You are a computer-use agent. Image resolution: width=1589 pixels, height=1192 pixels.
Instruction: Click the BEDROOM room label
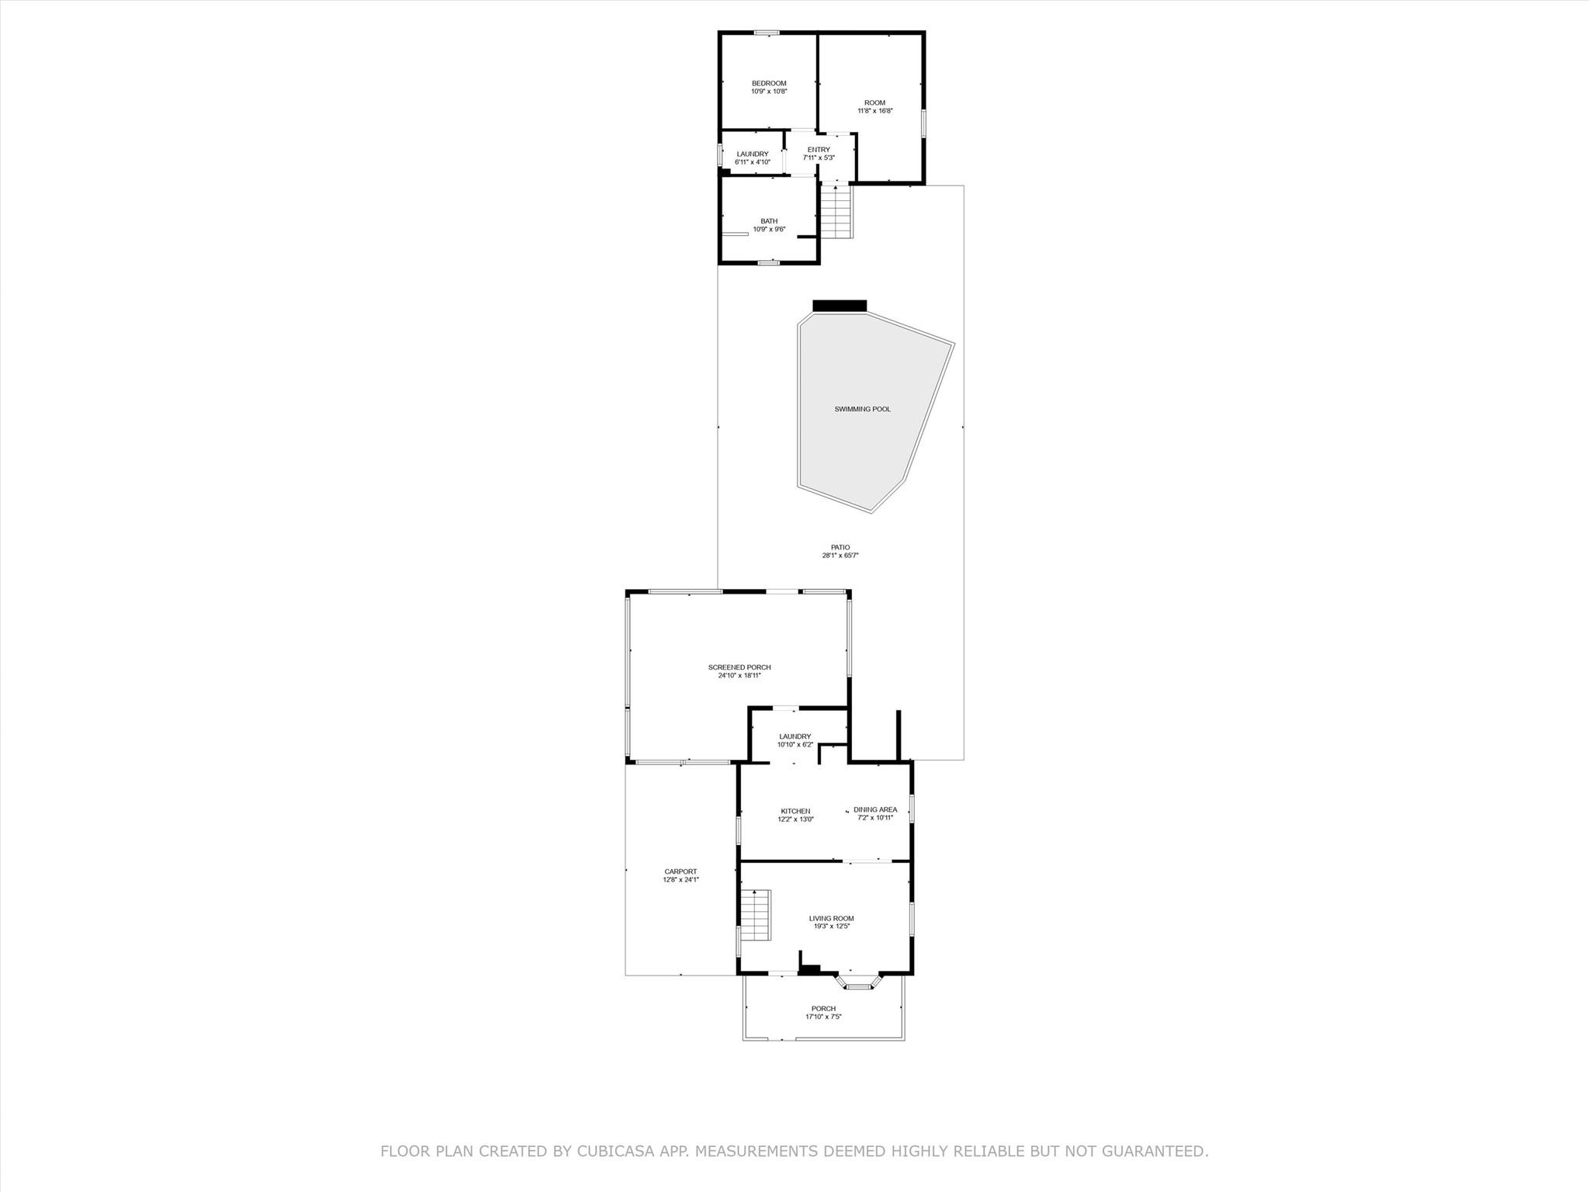(768, 84)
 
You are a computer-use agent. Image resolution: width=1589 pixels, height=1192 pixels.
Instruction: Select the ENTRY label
(819, 150)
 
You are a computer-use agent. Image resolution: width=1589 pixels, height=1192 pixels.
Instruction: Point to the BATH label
(768, 221)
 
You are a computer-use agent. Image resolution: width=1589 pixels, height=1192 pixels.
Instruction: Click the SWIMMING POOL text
(862, 409)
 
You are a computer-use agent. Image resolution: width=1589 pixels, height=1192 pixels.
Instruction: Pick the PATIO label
(840, 547)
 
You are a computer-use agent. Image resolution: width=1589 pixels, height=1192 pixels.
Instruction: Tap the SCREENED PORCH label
(739, 667)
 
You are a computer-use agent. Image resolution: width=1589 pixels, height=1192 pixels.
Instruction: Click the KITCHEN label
(795, 811)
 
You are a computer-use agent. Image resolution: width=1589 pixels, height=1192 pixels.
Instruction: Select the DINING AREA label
(875, 809)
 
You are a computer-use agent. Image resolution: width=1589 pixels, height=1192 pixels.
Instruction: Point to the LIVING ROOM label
(831, 919)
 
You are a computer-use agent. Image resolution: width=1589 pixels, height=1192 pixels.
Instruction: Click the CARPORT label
(680, 871)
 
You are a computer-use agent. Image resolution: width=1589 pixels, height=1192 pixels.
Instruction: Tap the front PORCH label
(823, 1009)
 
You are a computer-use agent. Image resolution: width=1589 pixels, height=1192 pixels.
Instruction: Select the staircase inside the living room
(755, 915)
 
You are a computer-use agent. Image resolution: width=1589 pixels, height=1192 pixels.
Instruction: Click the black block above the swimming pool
(840, 305)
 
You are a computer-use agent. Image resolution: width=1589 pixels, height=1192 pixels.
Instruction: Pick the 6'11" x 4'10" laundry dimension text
(752, 162)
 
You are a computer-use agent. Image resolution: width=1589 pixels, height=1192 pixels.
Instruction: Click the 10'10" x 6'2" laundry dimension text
(794, 745)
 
